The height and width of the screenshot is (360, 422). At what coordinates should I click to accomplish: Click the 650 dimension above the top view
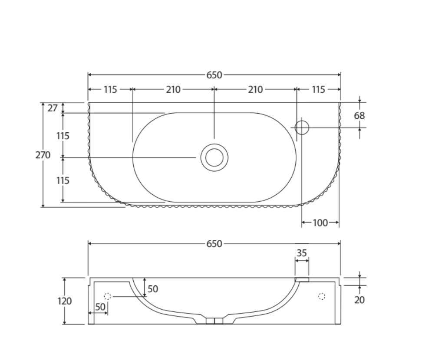click(x=214, y=75)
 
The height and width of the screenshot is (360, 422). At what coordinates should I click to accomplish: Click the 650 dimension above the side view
click(x=214, y=244)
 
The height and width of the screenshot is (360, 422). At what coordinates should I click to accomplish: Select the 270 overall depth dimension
click(x=43, y=155)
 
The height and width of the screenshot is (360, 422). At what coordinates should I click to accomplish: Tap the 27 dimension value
click(x=53, y=108)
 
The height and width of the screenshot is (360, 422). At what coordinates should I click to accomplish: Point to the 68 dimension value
click(x=359, y=116)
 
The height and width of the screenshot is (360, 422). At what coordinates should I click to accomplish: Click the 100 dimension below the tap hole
click(x=320, y=223)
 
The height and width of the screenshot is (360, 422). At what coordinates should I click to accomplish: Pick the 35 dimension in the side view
click(x=302, y=253)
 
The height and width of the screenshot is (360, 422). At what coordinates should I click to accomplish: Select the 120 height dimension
click(x=65, y=301)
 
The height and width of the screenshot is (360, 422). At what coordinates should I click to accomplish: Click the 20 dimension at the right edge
click(x=359, y=299)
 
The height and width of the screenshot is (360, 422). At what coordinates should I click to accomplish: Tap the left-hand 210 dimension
click(x=173, y=90)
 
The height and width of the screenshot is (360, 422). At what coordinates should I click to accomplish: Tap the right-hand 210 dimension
click(x=255, y=90)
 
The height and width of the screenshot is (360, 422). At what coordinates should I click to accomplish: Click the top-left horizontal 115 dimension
click(x=110, y=90)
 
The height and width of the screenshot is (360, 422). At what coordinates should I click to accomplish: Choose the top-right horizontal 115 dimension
click(x=318, y=90)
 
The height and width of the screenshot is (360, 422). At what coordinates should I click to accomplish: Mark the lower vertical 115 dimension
click(x=63, y=180)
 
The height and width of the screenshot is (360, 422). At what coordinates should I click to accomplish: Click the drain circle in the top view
click(x=214, y=157)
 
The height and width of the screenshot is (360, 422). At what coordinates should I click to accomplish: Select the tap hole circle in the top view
click(x=302, y=128)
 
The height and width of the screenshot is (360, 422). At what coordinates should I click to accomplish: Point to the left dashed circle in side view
click(x=108, y=297)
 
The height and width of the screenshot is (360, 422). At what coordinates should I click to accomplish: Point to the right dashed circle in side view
click(x=321, y=296)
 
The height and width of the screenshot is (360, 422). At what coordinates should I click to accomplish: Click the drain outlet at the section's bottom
click(x=214, y=321)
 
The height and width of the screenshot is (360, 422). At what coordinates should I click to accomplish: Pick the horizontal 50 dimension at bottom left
click(x=100, y=307)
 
